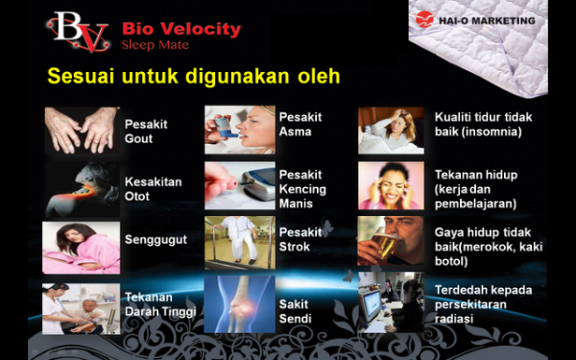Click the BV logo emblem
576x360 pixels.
[78, 32]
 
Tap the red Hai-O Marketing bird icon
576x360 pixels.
[424, 19]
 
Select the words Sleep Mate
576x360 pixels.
[155, 45]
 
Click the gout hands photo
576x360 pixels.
[82, 131]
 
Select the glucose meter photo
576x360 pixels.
[240, 185]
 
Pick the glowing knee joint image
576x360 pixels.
[239, 304]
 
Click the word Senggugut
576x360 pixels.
[156, 240]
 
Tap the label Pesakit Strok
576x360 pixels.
[300, 239]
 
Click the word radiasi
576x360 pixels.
[454, 319]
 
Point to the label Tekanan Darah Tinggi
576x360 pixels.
[160, 304]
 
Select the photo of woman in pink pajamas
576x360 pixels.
[82, 248]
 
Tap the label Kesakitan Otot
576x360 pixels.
[154, 189]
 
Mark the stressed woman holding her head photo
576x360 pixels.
[391, 185]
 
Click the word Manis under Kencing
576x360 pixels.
[296, 204]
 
